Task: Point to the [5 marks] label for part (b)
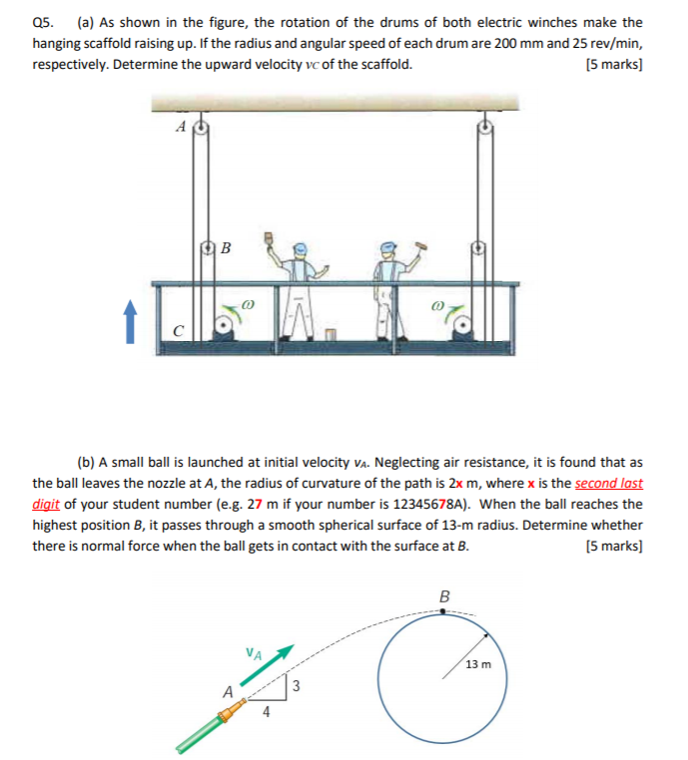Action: (x=617, y=547)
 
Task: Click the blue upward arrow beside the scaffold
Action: (x=129, y=323)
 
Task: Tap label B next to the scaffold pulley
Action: (x=225, y=245)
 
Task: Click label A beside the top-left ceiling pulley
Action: (x=180, y=127)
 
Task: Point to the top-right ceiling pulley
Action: (x=485, y=127)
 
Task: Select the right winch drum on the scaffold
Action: (x=462, y=321)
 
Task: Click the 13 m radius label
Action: (x=478, y=663)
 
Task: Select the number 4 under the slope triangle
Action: (x=265, y=711)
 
